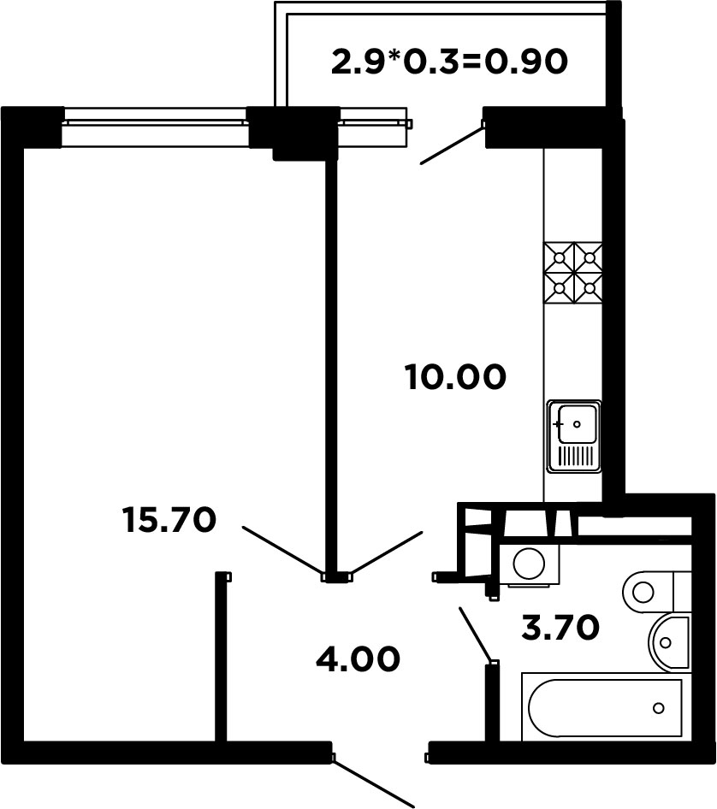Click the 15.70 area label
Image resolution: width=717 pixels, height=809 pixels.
click(169, 520)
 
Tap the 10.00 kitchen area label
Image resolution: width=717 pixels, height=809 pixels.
click(455, 376)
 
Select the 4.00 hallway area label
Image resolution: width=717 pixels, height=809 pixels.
click(358, 658)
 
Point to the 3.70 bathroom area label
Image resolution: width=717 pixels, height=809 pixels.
click(560, 628)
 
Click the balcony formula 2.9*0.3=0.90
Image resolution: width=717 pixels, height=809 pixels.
click(449, 62)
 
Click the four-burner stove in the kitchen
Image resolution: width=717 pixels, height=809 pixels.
click(573, 273)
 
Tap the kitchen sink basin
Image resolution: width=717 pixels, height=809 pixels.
click(578, 424)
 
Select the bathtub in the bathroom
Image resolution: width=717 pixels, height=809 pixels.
click(606, 707)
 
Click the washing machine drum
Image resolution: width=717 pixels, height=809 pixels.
click(529, 564)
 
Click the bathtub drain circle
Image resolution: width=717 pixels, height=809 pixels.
click(658, 708)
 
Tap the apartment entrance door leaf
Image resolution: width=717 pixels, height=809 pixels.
click(373, 780)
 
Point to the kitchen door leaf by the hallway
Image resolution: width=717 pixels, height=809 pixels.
click(387, 553)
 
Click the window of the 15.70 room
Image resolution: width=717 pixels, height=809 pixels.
click(155, 127)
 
